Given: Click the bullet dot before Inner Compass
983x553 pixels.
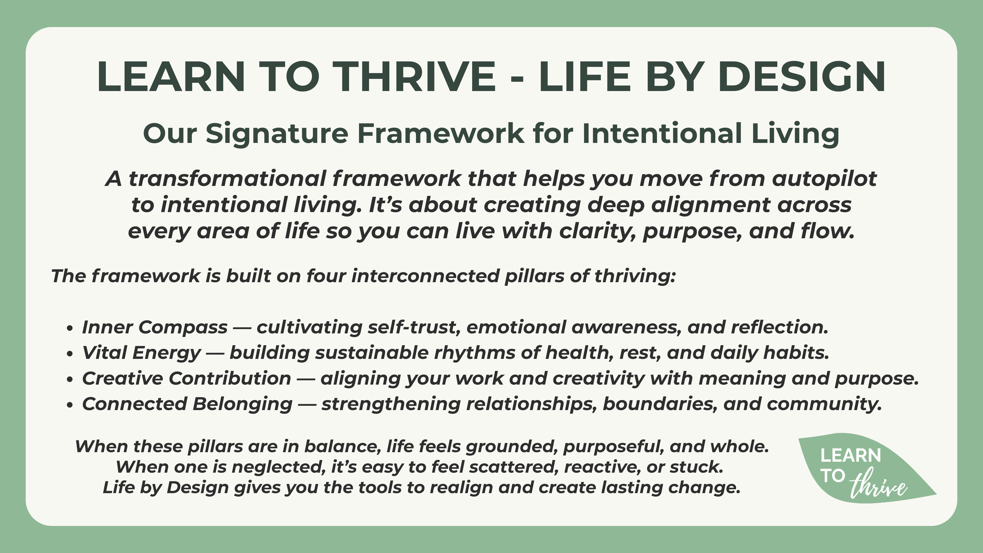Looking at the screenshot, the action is [x=69, y=328].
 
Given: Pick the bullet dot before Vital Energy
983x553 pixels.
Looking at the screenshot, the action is [x=69, y=354].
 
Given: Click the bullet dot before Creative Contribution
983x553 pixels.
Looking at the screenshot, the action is [x=69, y=379].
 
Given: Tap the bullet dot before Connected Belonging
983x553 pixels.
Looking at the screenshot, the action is [x=69, y=405].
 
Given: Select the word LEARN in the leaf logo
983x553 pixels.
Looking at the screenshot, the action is [x=851, y=456].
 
